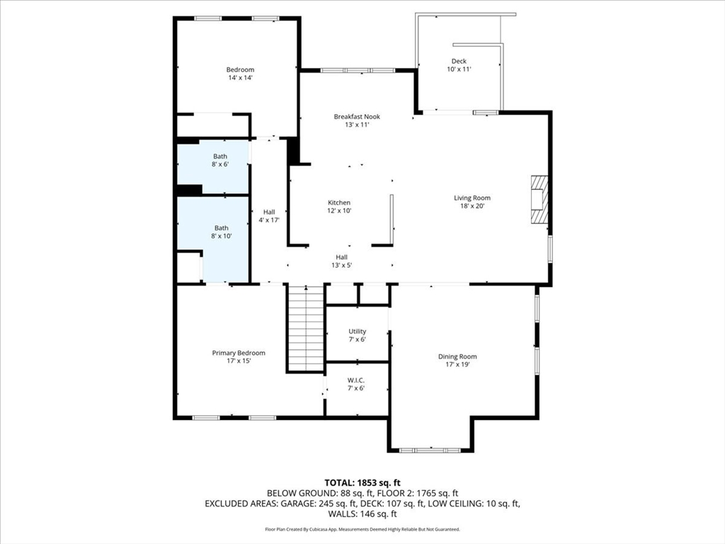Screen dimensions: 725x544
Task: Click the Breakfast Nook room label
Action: [x=357, y=117]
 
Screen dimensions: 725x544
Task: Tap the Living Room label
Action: [x=472, y=198]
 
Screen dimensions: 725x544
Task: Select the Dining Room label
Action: [x=457, y=357]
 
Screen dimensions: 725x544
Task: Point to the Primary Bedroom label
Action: [x=239, y=353]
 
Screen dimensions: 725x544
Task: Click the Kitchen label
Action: [x=339, y=203]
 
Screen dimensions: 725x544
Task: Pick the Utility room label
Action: [x=357, y=331]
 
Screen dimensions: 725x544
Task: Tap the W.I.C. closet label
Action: [x=356, y=380]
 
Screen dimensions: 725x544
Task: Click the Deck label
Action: [x=459, y=61]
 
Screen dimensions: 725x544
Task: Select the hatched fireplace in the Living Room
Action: [x=539, y=199]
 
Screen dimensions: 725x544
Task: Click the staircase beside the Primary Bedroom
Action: [x=305, y=328]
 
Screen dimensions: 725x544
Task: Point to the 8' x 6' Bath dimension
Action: [x=220, y=164]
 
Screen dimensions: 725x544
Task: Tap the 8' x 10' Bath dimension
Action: [x=221, y=236]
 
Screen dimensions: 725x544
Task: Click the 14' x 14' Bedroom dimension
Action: [x=240, y=78]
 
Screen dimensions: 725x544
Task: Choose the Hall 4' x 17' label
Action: [x=268, y=216]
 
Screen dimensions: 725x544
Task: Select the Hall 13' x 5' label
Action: [x=342, y=261]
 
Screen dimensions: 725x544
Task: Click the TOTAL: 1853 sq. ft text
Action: [x=362, y=483]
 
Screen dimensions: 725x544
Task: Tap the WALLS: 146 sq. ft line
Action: [x=362, y=514]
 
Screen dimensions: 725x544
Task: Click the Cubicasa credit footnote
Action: [x=362, y=529]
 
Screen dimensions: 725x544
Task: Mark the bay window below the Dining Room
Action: [x=430, y=450]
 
